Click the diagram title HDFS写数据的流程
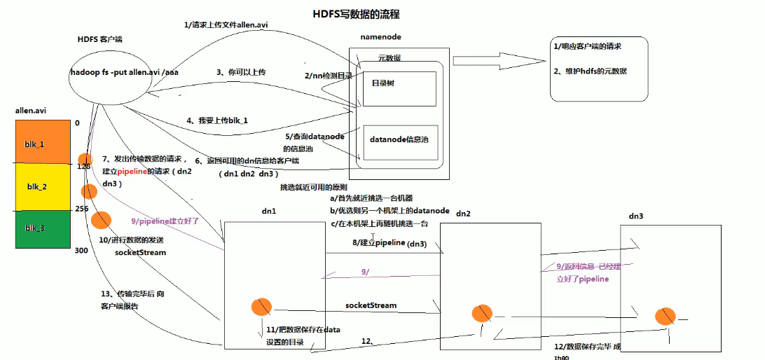[x=357, y=14]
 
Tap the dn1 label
[x=269, y=211]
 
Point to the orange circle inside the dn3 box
[x=665, y=316]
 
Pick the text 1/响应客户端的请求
[x=588, y=46]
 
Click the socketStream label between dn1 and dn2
[x=371, y=305]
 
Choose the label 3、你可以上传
[x=241, y=72]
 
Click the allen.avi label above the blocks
[x=31, y=111]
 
